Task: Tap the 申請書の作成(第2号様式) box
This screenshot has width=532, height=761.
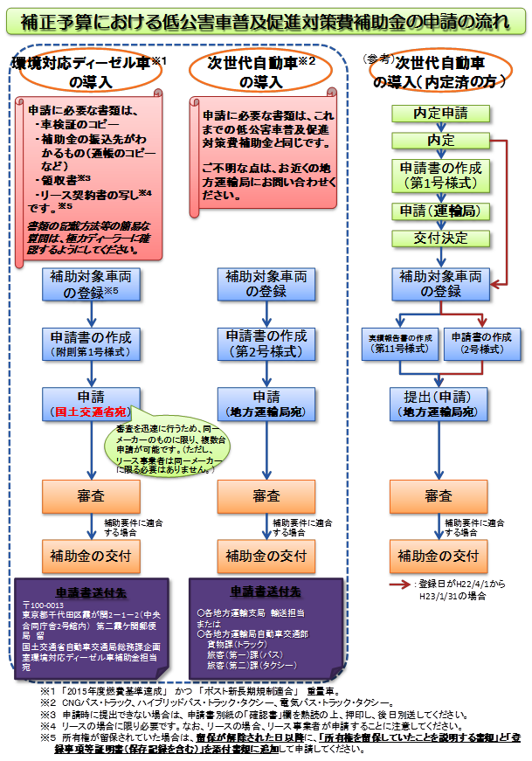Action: pos(266,343)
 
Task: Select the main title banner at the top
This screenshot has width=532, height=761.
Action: pos(266,19)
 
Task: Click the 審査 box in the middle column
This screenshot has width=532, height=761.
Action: pos(266,496)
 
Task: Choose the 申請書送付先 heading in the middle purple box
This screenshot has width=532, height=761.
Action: pos(265,590)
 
